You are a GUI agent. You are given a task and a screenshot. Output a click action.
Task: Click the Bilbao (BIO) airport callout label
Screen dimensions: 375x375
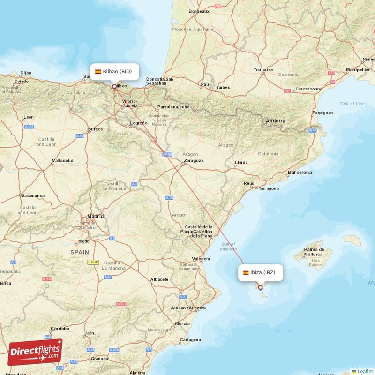tap(115, 72)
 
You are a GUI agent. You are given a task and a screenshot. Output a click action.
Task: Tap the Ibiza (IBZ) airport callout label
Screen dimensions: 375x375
tap(261, 272)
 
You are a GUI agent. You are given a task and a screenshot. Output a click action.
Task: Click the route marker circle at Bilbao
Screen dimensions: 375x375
tap(114, 86)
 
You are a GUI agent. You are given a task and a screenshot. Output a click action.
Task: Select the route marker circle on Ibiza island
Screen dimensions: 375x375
tap(260, 288)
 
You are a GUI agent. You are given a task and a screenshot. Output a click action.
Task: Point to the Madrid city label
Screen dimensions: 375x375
tap(95, 216)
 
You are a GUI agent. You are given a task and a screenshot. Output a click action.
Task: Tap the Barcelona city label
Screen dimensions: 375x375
tap(300, 172)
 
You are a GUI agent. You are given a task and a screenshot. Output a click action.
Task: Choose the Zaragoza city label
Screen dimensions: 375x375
tap(194, 160)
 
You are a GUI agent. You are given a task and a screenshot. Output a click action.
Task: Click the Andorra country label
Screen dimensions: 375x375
tap(275, 121)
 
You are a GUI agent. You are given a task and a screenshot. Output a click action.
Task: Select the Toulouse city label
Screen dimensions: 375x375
tap(263, 70)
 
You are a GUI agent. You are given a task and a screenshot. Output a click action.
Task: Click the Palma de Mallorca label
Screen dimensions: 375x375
tap(314, 252)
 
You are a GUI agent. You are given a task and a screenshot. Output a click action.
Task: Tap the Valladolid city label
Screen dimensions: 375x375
tap(62, 160)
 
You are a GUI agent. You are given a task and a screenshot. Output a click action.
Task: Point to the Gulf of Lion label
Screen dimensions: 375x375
tap(352, 104)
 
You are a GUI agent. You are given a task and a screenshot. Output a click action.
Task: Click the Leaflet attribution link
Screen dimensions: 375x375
tap(365, 371)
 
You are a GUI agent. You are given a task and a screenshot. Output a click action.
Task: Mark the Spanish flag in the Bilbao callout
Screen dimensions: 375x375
tap(98, 72)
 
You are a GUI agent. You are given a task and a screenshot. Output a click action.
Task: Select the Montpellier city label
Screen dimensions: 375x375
tap(358, 70)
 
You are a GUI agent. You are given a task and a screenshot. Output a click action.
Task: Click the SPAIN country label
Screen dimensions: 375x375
tap(79, 252)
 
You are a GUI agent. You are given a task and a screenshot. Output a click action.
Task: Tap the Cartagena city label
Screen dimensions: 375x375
tap(190, 339)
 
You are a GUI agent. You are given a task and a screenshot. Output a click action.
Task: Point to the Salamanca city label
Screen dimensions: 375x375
tap(33, 195)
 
